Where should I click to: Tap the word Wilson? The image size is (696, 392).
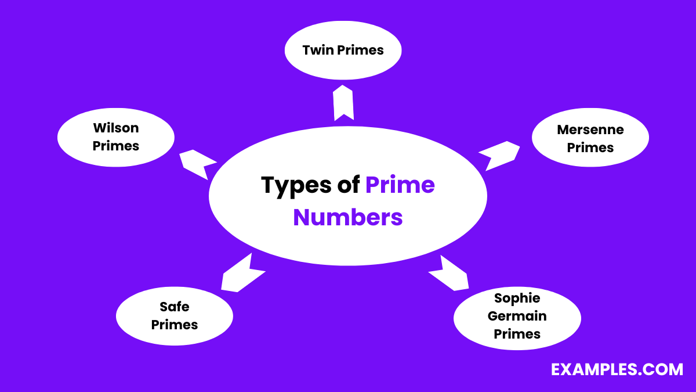pyautogui.click(x=116, y=128)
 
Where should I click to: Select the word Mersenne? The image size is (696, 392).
pyautogui.click(x=590, y=130)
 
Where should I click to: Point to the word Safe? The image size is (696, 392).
pyautogui.click(x=175, y=307)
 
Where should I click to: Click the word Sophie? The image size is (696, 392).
pyautogui.click(x=517, y=299)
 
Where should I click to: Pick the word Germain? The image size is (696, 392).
pyautogui.click(x=517, y=317)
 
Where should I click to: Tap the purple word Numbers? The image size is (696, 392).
pyautogui.click(x=348, y=217)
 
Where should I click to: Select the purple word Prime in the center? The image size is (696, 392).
pyautogui.click(x=400, y=185)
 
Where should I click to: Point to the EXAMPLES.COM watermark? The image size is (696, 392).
pyautogui.click(x=617, y=369)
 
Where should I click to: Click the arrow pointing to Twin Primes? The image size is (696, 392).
pyautogui.click(x=344, y=103)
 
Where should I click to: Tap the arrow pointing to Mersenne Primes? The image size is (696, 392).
pyautogui.click(x=499, y=155)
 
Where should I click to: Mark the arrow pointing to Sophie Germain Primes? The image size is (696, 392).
pyautogui.click(x=449, y=273)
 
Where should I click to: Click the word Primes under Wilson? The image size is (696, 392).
pyautogui.click(x=116, y=146)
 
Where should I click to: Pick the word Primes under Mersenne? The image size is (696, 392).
pyautogui.click(x=590, y=148)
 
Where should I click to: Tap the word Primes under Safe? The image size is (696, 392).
pyautogui.click(x=175, y=325)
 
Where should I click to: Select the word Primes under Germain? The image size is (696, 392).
pyautogui.click(x=517, y=335)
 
